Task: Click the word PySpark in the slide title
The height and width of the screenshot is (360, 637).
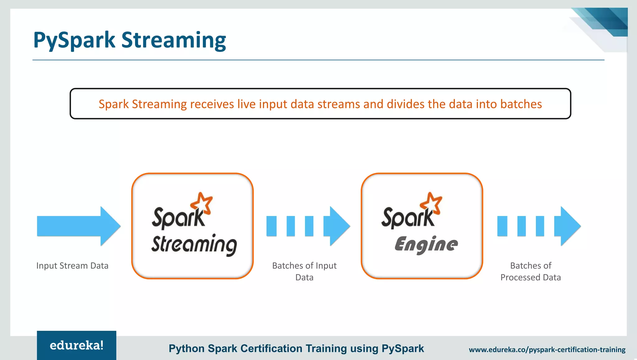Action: (x=74, y=40)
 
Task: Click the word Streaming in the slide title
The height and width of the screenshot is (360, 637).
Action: (x=173, y=40)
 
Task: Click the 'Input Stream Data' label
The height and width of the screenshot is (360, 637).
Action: (x=72, y=266)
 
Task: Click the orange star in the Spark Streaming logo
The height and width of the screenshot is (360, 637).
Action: (x=202, y=203)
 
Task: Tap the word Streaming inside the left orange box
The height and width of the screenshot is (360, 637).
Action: (x=194, y=245)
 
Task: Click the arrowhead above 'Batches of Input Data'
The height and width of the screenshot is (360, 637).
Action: (x=337, y=226)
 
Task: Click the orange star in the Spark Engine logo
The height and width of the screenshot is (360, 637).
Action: (x=431, y=203)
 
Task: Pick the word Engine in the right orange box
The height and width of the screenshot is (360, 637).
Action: (x=426, y=245)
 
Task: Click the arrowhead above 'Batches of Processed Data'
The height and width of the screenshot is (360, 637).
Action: (x=567, y=226)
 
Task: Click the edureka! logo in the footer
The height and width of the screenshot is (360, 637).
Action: (x=77, y=345)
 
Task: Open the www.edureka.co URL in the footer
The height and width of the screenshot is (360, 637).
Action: (x=547, y=350)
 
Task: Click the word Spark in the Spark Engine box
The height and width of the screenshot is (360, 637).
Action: (x=407, y=218)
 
